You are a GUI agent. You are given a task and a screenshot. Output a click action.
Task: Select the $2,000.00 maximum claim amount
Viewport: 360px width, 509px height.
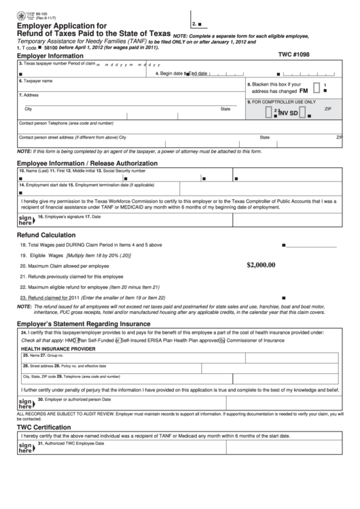coord(262,265)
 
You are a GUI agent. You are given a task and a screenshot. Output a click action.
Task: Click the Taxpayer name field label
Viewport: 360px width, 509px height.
coord(36,81)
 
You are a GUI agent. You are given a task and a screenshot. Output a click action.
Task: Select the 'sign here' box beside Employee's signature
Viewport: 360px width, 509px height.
coord(25,219)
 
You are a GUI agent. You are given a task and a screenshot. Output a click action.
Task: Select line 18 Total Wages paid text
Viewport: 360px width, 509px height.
coord(90,245)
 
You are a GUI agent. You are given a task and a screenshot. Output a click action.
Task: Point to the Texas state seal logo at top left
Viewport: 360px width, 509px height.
coord(11,9)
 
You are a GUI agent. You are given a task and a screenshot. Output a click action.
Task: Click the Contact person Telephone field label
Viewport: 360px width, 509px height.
coord(66,124)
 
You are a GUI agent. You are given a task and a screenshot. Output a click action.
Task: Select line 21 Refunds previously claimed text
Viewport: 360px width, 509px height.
coord(71,277)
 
